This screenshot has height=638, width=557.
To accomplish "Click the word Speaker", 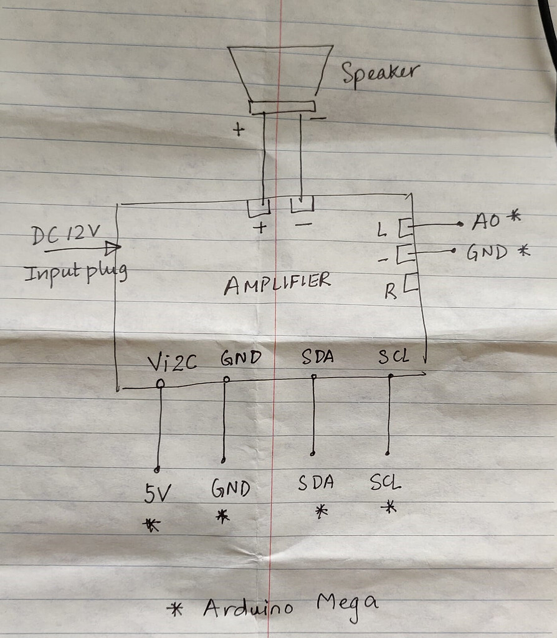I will (380, 74).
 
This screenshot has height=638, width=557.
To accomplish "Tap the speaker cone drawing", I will (280, 74).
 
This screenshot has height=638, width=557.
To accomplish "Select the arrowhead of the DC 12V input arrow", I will (113, 249).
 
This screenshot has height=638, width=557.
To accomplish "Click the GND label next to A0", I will (489, 252).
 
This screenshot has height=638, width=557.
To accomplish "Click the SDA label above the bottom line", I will (317, 357).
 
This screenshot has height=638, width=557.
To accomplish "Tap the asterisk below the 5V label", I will (151, 525).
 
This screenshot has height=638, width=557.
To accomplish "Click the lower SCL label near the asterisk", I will (385, 482).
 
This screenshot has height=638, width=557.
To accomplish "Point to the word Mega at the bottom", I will (347, 604).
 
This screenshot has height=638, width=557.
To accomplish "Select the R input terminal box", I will (411, 283).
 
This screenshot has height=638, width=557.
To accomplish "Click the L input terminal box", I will (406, 227).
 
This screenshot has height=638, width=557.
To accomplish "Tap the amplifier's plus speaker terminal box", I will (259, 207).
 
